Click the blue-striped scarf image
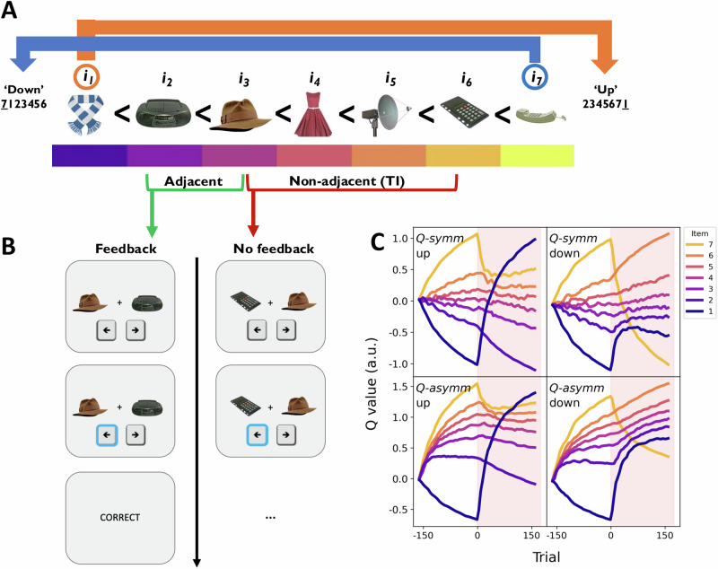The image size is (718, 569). [86, 115]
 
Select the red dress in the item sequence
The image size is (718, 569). [313, 115]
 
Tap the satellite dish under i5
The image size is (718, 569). [386, 115]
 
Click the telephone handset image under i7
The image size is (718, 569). [541, 115]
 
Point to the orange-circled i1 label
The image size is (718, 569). [86, 77]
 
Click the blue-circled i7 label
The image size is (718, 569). [535, 77]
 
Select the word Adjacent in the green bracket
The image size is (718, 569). [193, 181]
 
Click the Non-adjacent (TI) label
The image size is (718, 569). [346, 181]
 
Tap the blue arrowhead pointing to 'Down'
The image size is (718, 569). [23, 63]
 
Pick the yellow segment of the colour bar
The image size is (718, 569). [537, 155]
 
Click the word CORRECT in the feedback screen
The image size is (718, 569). [120, 517]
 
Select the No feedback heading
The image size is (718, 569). [274, 249]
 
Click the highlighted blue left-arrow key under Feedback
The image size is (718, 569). [107, 435]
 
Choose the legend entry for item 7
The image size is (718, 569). [699, 244]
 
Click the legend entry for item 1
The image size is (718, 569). [699, 311]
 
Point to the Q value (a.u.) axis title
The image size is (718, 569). [372, 383]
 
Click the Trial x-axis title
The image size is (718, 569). [547, 556]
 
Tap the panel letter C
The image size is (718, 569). [377, 242]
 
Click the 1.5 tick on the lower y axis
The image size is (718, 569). [399, 386]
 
